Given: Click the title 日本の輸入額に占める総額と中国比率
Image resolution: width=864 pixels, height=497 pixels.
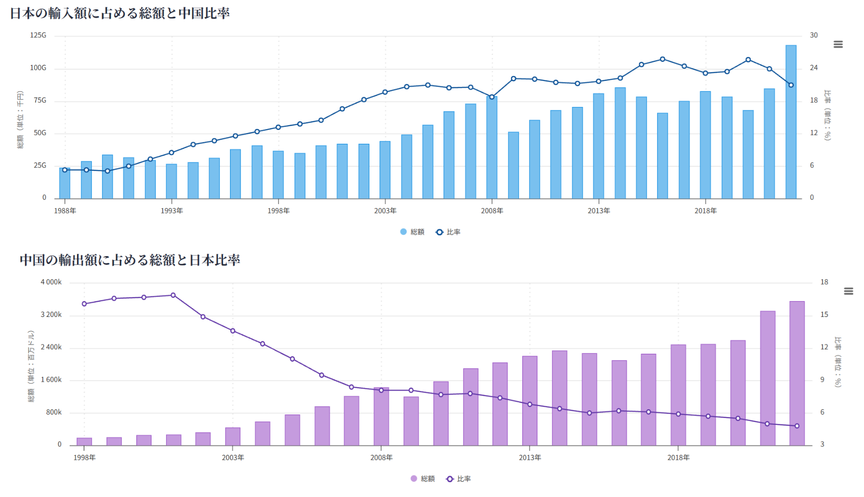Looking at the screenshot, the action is (120, 13).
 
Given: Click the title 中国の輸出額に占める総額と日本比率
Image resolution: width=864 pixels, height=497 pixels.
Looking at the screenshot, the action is (130, 260).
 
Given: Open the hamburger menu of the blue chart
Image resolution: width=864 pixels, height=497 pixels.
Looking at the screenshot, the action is (838, 44).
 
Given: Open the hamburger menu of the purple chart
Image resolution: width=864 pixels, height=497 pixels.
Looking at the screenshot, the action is (848, 291).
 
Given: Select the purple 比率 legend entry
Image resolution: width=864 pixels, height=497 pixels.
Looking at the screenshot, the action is (458, 479).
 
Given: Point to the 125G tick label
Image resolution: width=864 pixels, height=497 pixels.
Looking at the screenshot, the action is (38, 35).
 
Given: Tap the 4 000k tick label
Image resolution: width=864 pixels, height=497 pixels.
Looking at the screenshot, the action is (51, 282).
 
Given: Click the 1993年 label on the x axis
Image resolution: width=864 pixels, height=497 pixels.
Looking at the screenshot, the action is (172, 211).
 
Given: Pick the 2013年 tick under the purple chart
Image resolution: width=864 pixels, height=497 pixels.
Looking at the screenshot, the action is (530, 458).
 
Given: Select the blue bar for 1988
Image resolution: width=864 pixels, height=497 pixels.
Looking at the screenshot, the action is (65, 183).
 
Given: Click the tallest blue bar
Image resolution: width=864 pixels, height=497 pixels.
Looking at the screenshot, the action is (790, 122).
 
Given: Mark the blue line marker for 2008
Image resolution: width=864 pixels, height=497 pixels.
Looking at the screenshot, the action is (492, 97).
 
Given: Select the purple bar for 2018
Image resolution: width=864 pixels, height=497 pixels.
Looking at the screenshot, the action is (678, 395).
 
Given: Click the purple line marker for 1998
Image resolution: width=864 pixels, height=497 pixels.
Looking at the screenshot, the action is (84, 304).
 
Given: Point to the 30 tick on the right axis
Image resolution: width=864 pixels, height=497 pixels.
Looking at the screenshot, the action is (814, 35).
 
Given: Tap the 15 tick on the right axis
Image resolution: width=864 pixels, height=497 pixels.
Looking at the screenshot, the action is (824, 314).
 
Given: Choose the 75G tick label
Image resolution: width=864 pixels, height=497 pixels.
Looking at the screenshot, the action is (40, 101).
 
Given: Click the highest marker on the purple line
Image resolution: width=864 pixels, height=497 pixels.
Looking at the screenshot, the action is (173, 295).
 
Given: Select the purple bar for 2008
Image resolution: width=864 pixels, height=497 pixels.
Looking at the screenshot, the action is (381, 417).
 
